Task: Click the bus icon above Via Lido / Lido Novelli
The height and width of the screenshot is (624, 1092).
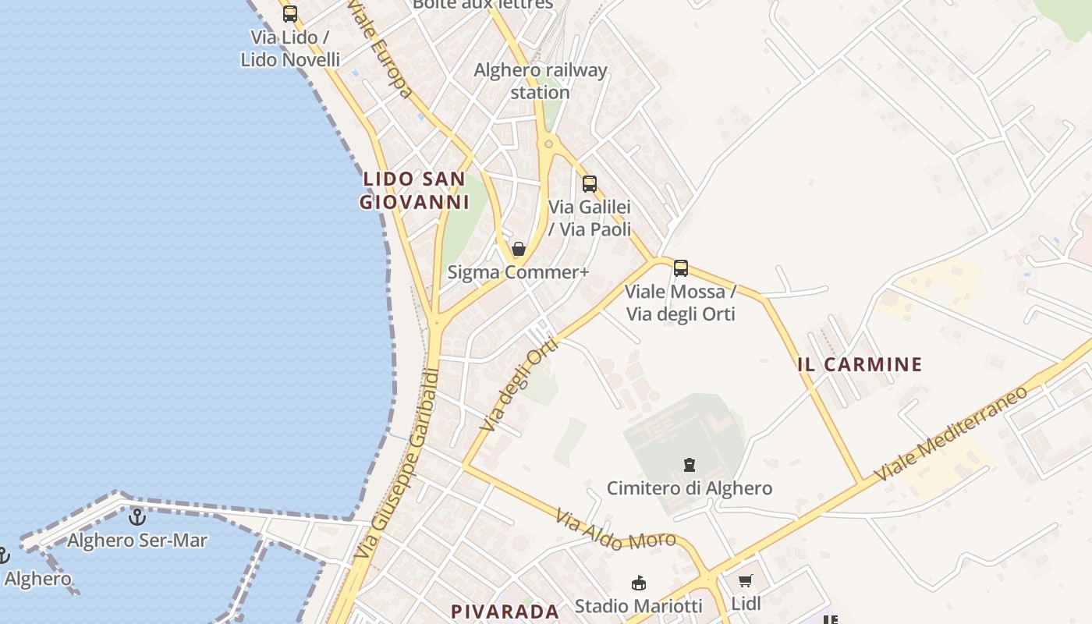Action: (290, 13)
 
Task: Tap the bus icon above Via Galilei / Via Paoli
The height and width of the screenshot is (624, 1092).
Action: (590, 184)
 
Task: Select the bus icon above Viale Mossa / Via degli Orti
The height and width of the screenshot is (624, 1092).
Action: (681, 268)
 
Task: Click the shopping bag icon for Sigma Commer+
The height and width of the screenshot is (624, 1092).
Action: (519, 250)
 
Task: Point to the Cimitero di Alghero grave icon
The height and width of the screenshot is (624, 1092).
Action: (690, 466)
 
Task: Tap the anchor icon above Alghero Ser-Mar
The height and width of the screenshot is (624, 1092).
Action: (137, 516)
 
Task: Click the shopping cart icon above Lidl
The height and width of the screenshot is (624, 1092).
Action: (746, 581)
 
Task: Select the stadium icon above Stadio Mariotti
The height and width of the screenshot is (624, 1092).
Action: (639, 583)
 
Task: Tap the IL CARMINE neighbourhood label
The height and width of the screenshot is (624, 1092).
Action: (860, 364)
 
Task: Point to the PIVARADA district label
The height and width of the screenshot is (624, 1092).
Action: (505, 612)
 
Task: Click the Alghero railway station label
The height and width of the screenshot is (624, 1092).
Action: (541, 81)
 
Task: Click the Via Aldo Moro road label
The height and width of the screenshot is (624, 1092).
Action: (616, 530)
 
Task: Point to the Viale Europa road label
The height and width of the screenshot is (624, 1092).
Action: (380, 48)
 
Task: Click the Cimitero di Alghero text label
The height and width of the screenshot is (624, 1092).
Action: (690, 488)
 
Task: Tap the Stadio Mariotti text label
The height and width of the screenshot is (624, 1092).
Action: (639, 605)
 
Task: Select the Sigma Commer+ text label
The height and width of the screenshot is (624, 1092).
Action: (519, 272)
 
